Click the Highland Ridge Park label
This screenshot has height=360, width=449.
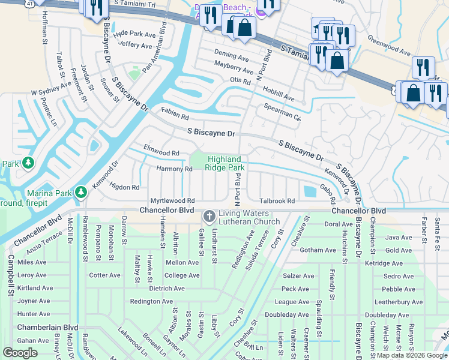click(x=226, y=163)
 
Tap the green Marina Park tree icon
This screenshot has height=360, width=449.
click(x=80, y=193)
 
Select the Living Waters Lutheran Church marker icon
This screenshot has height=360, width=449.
click(x=209, y=215)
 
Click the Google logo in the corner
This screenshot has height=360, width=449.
click(x=20, y=352)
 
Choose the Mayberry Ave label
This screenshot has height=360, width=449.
click(x=234, y=70)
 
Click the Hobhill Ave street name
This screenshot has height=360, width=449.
click(x=279, y=93)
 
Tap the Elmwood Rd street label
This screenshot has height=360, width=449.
click(x=161, y=151)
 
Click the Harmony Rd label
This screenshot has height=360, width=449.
click(x=174, y=169)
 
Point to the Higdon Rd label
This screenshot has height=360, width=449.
click(x=124, y=187)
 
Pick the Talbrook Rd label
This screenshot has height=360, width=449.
click(x=277, y=201)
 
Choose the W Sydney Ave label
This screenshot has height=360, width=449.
click(x=51, y=91)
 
